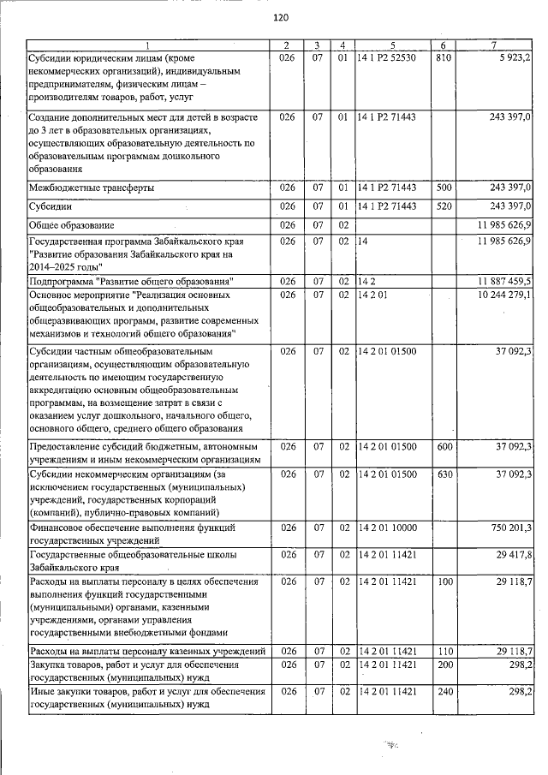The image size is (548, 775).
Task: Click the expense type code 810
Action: click(x=443, y=57)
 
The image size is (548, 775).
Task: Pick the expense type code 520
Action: click(x=443, y=206)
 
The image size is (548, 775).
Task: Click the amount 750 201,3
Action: click(x=508, y=528)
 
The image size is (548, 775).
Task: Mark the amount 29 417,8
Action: click(x=511, y=556)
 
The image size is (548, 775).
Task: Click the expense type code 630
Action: click(x=443, y=474)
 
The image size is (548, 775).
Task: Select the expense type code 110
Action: click(x=443, y=652)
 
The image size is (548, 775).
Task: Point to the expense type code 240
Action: click(x=443, y=692)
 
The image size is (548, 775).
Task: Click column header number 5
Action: click(x=391, y=45)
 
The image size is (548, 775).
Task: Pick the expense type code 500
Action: click(x=443, y=188)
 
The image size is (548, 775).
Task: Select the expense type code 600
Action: click(x=443, y=446)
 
